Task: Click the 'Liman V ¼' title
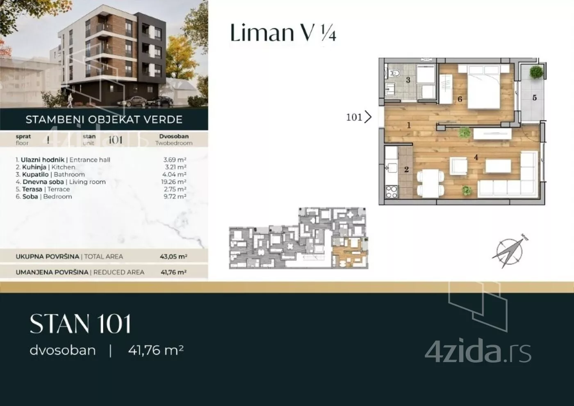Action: (283, 32)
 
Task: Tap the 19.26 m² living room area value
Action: (175, 182)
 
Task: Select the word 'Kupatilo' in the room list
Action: (35, 175)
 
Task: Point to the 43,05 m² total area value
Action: (173, 257)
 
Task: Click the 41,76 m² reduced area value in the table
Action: (173, 272)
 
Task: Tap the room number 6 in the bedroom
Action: (460, 99)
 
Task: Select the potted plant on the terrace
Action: (536, 72)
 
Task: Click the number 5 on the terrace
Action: (535, 98)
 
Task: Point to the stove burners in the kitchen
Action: (392, 192)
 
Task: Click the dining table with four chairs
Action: (430, 184)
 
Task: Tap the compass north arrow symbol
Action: (510, 251)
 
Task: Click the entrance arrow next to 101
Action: (368, 117)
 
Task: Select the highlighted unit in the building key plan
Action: (350, 253)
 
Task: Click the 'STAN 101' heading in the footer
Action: (80, 324)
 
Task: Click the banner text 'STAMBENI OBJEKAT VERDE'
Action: (104, 119)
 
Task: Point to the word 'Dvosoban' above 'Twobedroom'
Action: (174, 136)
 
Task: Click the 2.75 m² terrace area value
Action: (175, 189)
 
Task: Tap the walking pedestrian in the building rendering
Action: (70, 100)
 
